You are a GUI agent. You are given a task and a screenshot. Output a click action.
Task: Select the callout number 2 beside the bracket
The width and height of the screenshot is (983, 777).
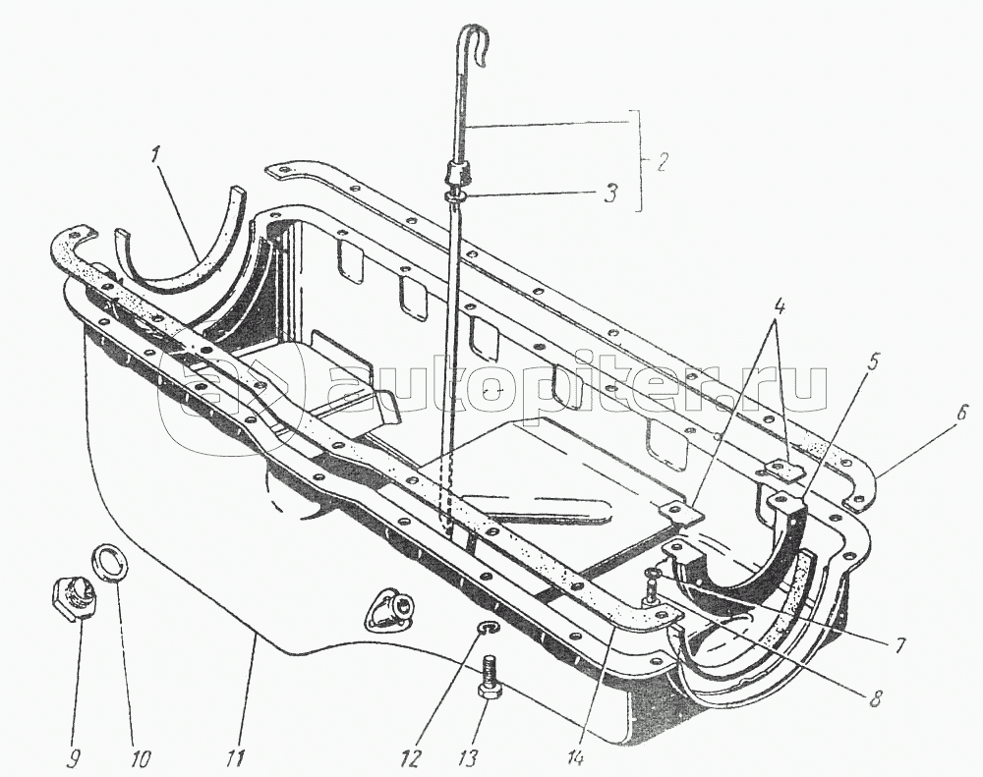click(662, 161)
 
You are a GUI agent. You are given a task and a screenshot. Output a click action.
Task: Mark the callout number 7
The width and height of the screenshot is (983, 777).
click(898, 644)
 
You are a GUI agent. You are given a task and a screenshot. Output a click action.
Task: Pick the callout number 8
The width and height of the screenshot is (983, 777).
click(877, 696)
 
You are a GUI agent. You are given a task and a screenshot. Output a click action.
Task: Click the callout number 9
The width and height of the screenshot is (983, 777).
click(74, 758)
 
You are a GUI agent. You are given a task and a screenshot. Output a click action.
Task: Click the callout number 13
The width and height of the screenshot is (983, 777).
click(469, 757)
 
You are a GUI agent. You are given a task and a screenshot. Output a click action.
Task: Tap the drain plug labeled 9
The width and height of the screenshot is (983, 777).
click(73, 599)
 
